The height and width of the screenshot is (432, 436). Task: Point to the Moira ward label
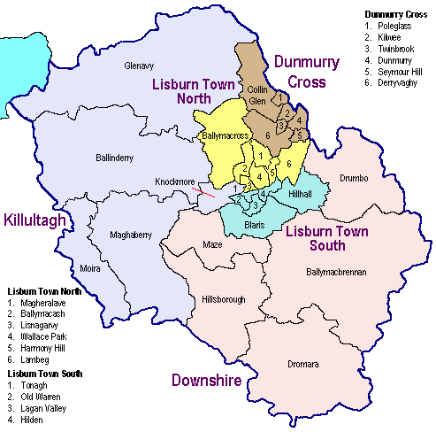pos(90,266)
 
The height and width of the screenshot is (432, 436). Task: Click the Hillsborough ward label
pos(223,299)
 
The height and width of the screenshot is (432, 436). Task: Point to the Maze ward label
pos(212,243)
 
